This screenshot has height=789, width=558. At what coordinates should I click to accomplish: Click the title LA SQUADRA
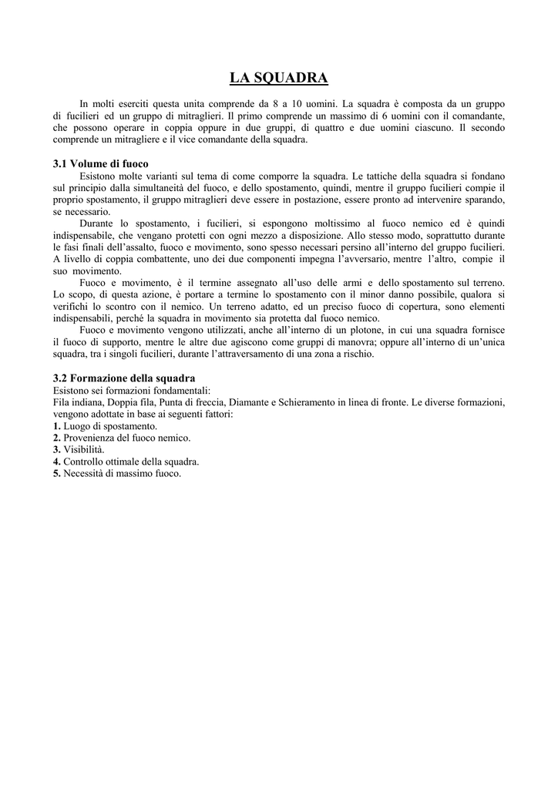pyautogui.click(x=279, y=78)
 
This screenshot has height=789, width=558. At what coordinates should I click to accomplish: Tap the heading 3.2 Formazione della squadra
pyautogui.click(x=123, y=378)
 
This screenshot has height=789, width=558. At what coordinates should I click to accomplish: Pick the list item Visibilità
pyautogui.click(x=84, y=449)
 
